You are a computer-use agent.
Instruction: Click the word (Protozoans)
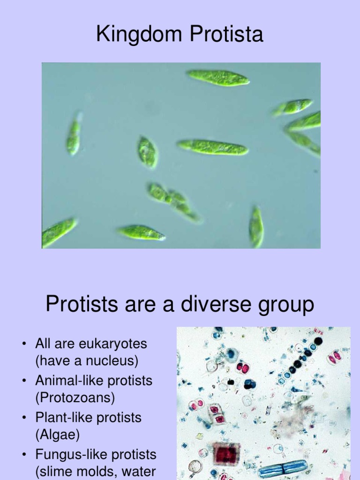point(75,398)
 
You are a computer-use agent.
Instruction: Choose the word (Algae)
point(58,435)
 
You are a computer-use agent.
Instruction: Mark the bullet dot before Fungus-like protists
point(23,455)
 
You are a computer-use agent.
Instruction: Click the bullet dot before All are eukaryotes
point(23,345)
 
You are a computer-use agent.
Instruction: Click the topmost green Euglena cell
point(218,78)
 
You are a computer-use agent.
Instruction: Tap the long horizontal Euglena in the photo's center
point(213,147)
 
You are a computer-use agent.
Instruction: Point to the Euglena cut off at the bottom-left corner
point(58,232)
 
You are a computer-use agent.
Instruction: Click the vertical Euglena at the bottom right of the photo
point(256,227)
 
